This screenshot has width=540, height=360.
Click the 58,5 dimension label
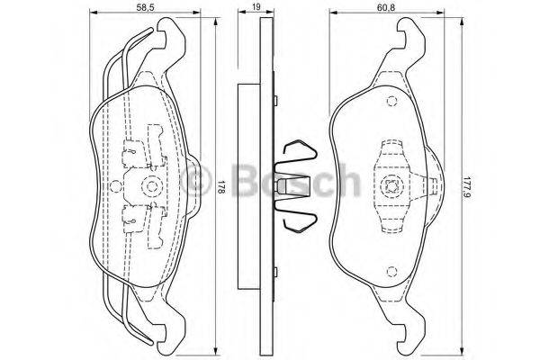(x=145, y=6)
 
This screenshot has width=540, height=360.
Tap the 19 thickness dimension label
(x=256, y=6)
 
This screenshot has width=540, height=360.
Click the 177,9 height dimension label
(x=466, y=187)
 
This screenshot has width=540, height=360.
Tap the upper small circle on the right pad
(x=391, y=102)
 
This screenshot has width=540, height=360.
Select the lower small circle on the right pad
(x=391, y=272)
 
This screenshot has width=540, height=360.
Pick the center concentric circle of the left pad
(x=151, y=186)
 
